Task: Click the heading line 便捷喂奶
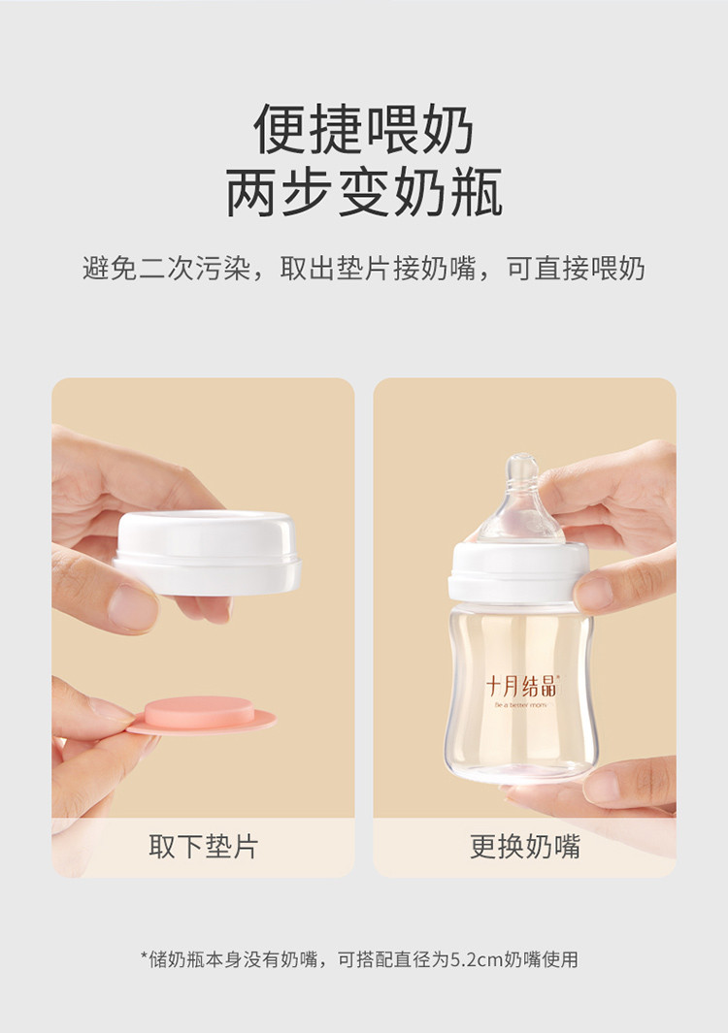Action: (363, 129)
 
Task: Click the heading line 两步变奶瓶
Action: (364, 192)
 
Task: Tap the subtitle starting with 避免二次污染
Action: (364, 268)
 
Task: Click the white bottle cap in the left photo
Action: (208, 552)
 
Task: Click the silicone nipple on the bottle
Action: (521, 500)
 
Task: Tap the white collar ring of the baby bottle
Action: (518, 572)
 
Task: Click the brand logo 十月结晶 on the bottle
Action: (521, 687)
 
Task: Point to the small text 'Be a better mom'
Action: (521, 705)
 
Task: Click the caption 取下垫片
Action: (203, 847)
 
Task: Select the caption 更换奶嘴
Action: (525, 847)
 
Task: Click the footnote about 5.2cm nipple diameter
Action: (359, 959)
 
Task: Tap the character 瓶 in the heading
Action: (476, 192)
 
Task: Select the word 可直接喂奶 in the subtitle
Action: (576, 268)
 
